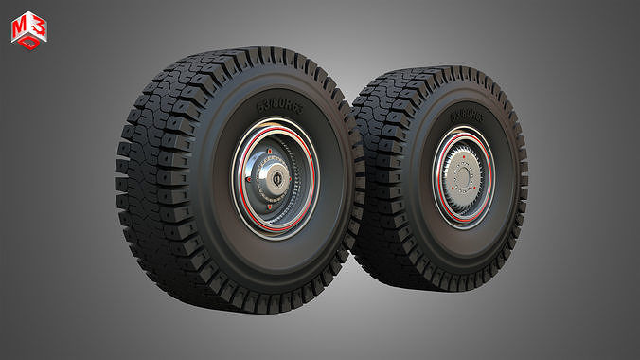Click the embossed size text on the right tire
click(465, 116)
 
